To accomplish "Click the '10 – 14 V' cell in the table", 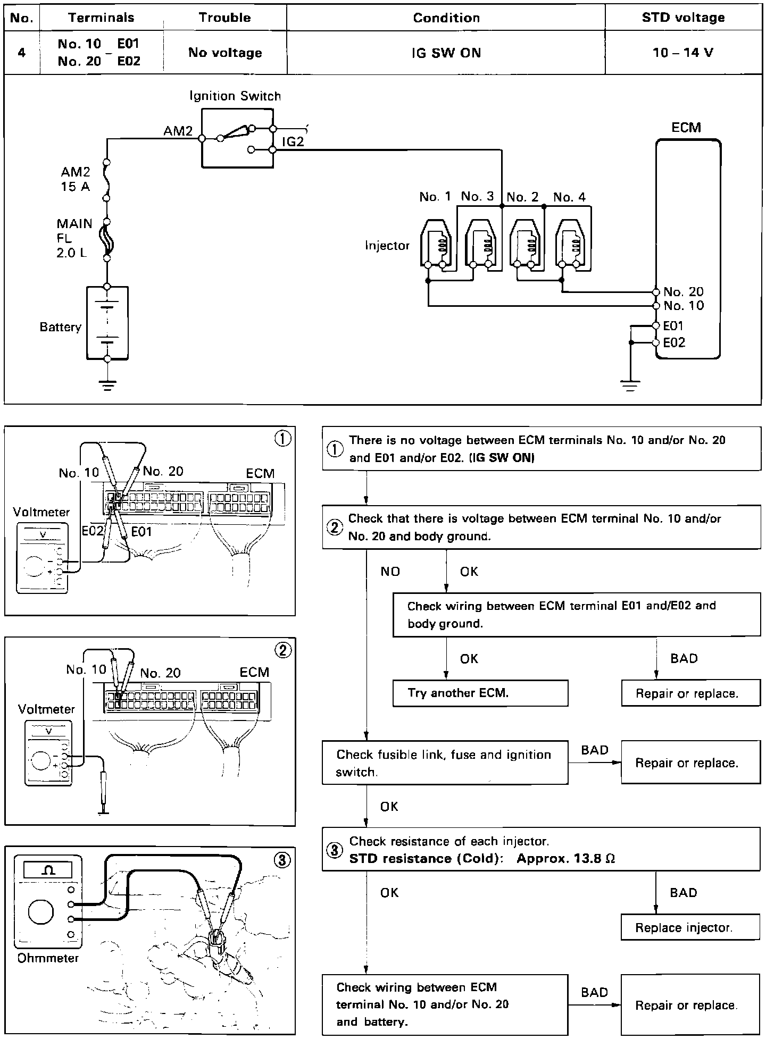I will point(683,53).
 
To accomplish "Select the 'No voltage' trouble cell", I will point(225,53).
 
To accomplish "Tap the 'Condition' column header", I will point(446,18).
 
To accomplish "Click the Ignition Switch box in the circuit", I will point(237,138).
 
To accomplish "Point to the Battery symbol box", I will point(107,323).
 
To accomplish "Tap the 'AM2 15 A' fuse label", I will point(75,179).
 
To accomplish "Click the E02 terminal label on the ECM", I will point(674,343).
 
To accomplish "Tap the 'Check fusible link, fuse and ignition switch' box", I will point(445,763).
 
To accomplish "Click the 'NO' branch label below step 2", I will point(390,572).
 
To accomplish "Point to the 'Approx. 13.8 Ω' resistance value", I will point(565,859).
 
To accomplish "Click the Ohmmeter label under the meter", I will point(48,958).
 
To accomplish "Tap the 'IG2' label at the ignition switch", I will point(293,142).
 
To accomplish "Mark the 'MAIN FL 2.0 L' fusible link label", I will point(74,238).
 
